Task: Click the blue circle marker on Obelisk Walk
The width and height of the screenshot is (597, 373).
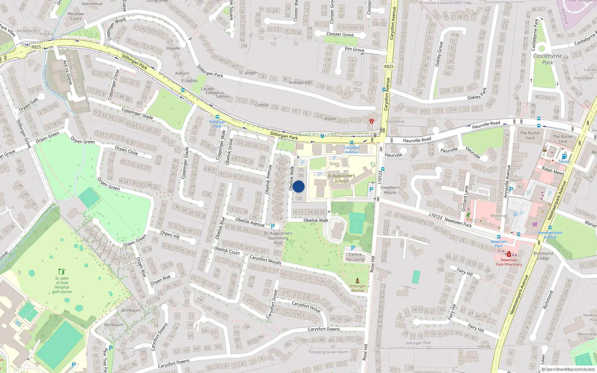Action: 298,187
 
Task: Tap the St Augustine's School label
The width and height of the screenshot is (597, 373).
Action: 341,178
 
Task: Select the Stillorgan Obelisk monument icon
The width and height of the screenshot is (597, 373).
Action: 357,280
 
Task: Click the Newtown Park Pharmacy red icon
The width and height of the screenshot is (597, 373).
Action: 509,254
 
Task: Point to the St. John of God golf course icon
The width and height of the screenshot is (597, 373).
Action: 62,272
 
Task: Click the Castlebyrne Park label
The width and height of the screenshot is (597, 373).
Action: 547,59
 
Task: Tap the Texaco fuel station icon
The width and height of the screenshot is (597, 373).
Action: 564,156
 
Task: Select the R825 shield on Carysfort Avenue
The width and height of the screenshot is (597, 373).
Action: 389,66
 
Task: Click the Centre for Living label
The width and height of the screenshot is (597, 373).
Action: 355,257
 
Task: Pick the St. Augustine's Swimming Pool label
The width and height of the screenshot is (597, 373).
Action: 278,238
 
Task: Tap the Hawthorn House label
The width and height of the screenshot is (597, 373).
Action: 390,190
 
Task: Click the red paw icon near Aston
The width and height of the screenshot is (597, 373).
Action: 372,120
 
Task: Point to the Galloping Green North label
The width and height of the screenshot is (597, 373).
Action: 328,352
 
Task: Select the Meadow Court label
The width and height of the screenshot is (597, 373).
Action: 76,16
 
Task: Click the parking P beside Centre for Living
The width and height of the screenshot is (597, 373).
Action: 353,248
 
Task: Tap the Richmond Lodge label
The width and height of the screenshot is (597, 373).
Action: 543,256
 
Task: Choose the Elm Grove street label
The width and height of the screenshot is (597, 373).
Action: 354,49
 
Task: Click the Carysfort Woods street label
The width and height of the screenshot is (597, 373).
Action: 265,260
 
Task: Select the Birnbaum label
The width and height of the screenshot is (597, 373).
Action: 131,310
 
